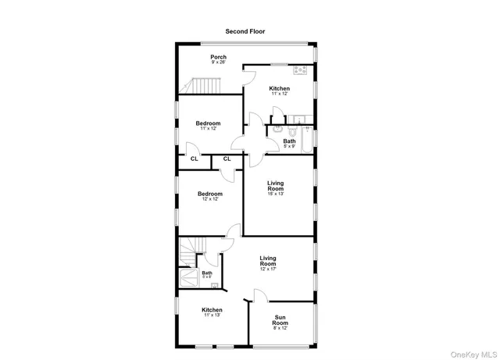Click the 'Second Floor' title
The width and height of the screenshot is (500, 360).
(x=245, y=31)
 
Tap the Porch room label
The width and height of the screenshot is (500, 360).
(x=218, y=58)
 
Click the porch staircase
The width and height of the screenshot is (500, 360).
(x=202, y=84)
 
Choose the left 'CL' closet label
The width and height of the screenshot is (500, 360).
(x=194, y=159)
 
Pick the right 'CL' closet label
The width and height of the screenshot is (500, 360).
(x=227, y=159)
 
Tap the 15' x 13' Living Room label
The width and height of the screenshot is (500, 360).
(x=276, y=187)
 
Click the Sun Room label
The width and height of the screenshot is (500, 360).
(x=280, y=320)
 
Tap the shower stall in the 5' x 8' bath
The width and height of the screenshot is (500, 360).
(x=189, y=280)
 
